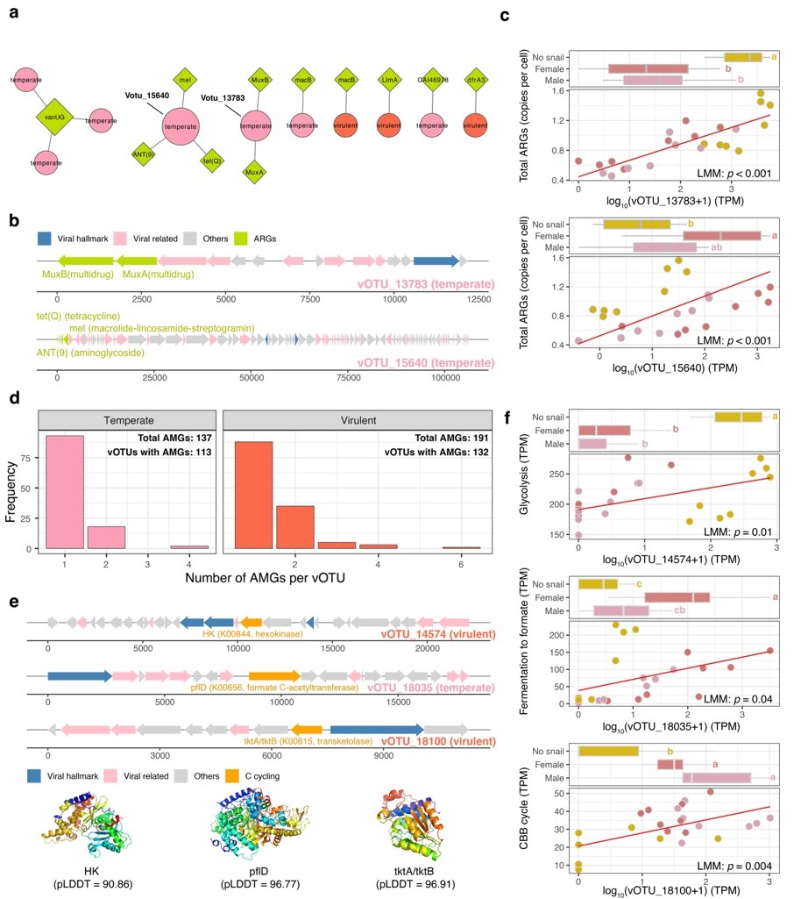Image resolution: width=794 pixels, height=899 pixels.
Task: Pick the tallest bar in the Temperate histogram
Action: coord(65,491)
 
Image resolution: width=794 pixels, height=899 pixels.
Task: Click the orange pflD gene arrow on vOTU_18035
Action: coord(274,676)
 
